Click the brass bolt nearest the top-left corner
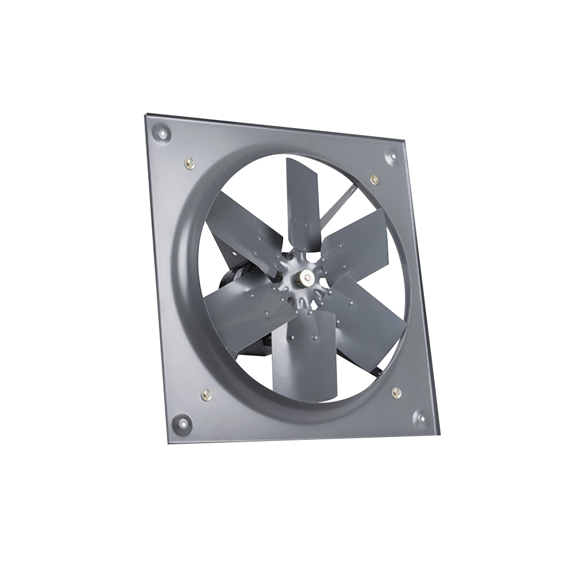click(188, 164)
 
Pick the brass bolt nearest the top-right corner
click(374, 180)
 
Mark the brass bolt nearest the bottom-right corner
click(396, 392)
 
